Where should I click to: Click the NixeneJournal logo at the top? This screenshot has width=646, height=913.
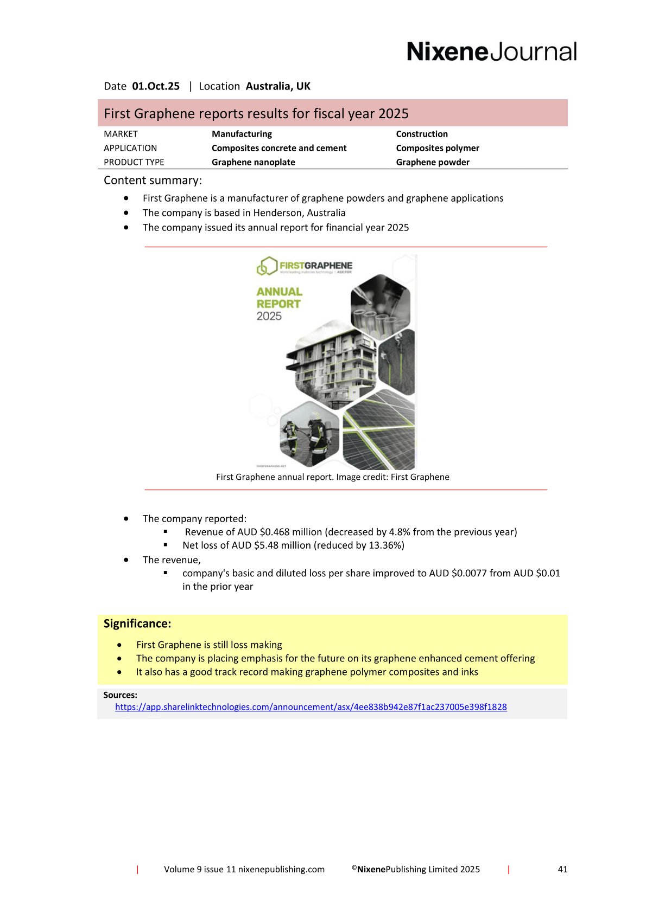click(x=491, y=52)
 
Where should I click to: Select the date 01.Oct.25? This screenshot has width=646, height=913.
click(x=156, y=86)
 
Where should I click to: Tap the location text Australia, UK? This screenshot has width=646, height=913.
click(x=278, y=86)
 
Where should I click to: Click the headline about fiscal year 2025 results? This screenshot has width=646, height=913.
click(x=256, y=113)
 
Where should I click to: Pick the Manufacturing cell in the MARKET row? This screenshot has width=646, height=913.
click(x=242, y=134)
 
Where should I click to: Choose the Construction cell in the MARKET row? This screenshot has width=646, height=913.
click(x=422, y=134)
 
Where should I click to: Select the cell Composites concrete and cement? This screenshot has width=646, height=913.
click(x=279, y=148)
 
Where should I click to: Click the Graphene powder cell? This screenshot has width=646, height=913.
click(x=433, y=162)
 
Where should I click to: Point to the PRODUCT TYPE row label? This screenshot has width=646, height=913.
click(x=134, y=162)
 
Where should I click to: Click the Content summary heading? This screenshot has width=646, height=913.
click(x=153, y=181)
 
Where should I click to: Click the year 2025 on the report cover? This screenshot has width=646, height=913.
click(x=269, y=316)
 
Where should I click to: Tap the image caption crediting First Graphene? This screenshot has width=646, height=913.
click(x=332, y=477)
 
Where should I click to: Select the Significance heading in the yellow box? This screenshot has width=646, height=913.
click(x=137, y=623)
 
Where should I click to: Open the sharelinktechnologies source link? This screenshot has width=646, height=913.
click(x=311, y=707)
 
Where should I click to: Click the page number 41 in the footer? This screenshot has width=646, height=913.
click(x=562, y=869)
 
